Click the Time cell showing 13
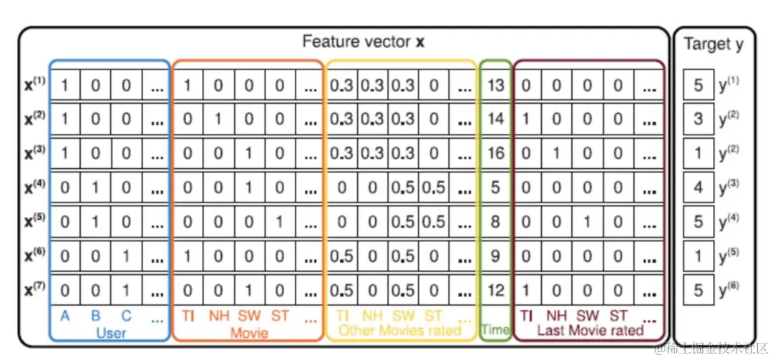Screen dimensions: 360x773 [x=495, y=85]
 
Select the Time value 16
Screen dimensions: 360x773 [x=495, y=152]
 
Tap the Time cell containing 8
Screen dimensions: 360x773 [x=495, y=221]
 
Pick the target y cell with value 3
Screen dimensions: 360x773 [x=698, y=119]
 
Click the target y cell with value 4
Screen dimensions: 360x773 [x=698, y=187]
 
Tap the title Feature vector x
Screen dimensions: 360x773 [x=363, y=42]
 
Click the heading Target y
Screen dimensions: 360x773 [x=713, y=44]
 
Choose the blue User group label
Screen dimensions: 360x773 [x=111, y=332]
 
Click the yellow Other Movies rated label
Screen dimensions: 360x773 [x=400, y=331]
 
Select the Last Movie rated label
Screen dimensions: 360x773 [x=590, y=331]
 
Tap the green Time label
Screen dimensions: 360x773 [x=495, y=331]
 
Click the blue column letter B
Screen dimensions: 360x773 [x=95, y=316]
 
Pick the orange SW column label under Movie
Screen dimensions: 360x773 [x=249, y=316]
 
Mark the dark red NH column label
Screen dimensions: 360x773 [x=557, y=316]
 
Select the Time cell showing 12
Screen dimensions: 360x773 [x=495, y=289]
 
